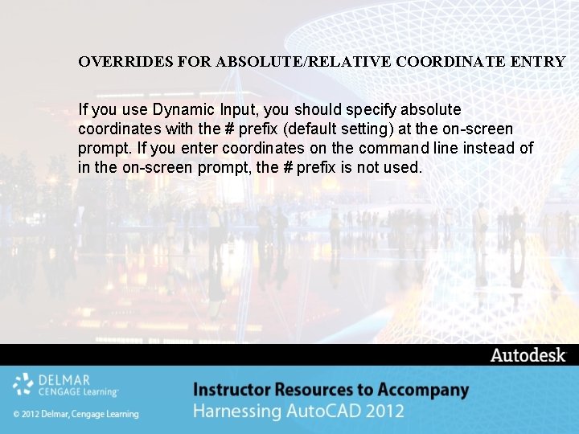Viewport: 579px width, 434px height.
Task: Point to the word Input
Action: [236, 108]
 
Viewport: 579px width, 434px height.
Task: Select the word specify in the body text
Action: [368, 108]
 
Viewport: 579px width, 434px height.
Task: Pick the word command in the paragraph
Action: [392, 148]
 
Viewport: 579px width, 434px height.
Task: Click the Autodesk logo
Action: [528, 355]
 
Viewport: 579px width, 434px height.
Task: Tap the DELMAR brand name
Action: [64, 379]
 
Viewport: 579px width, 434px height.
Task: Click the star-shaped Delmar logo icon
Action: [23, 385]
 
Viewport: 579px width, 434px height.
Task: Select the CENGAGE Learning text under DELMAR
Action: [78, 391]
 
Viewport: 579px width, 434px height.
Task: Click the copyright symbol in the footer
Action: [17, 415]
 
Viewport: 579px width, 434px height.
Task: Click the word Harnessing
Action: [237, 412]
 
